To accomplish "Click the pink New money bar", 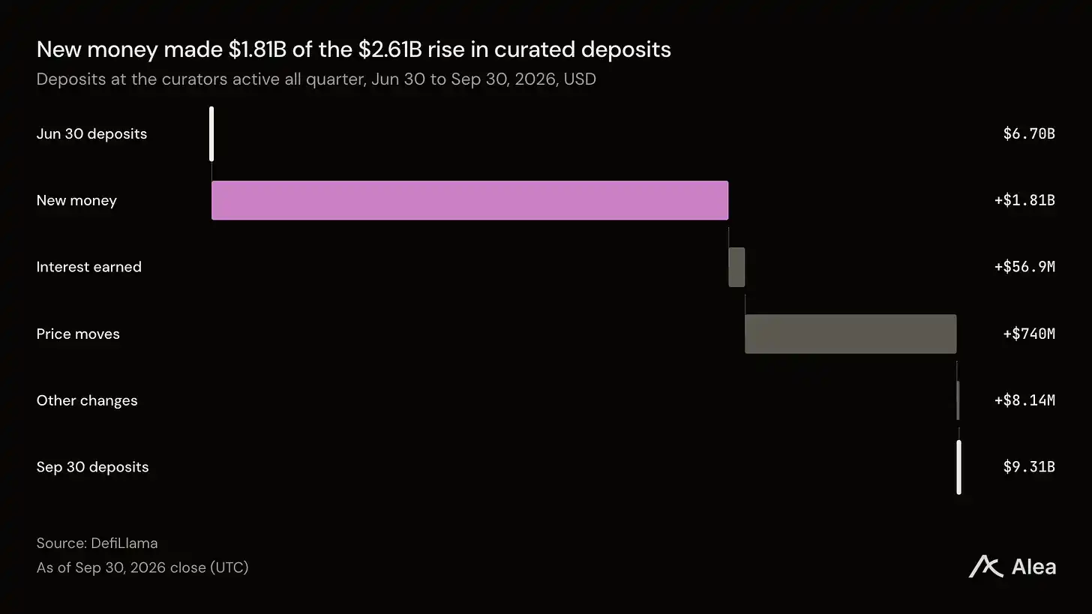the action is click(470, 200).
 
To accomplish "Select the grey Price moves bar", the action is click(850, 334).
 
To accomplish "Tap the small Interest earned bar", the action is click(736, 267).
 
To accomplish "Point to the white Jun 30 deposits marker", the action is click(211, 134).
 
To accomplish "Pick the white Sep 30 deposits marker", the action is click(959, 467).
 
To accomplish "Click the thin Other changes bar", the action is click(958, 400).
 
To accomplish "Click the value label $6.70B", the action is click(1029, 133).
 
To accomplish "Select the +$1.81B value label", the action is click(1024, 200).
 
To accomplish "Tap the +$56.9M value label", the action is click(1024, 267).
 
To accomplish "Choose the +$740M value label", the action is click(1029, 334).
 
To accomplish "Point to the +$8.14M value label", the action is click(1024, 400).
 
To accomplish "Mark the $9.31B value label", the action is click(1029, 467).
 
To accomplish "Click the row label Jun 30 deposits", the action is click(91, 134).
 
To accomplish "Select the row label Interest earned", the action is click(89, 267).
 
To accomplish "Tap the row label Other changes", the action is click(87, 400).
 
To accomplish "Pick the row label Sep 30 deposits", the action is click(93, 467).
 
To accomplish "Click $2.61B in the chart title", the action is click(390, 49).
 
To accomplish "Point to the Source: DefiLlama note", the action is click(97, 544).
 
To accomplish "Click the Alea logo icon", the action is click(985, 566).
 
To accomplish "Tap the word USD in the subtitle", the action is click(580, 79).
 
